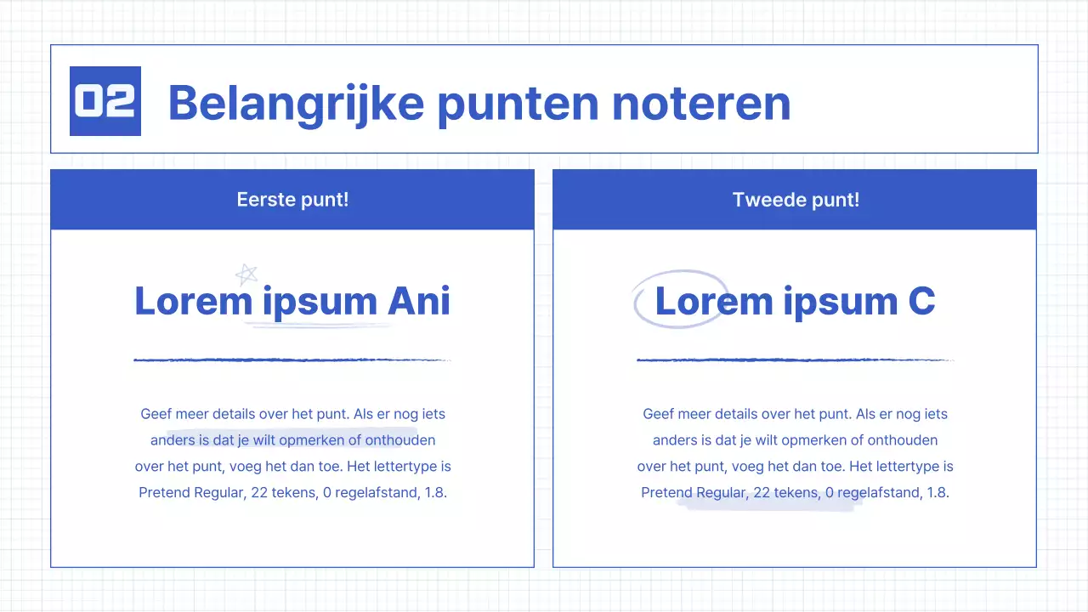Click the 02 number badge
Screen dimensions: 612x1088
pos(105,101)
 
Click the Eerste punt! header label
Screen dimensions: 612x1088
pos(292,200)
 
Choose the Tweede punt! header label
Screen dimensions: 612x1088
pos(796,200)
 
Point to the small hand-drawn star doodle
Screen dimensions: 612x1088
pos(246,275)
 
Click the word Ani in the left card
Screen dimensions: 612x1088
pos(419,301)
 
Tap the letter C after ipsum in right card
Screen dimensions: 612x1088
pos(921,301)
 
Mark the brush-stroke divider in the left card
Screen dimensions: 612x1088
pos(292,360)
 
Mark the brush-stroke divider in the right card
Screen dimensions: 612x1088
pos(795,360)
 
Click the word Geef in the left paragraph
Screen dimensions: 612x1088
pos(156,415)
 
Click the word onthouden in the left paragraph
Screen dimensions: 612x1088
pos(400,440)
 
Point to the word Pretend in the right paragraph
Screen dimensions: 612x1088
pos(666,493)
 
